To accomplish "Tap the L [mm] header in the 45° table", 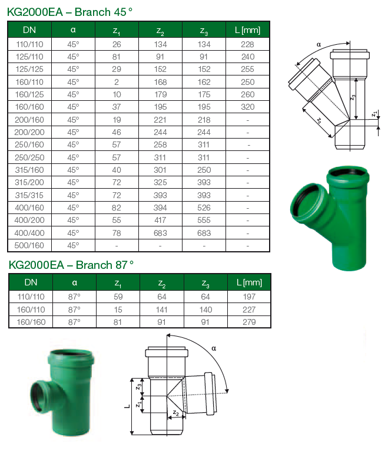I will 248,30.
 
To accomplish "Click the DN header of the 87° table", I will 30,282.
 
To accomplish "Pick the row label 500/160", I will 30,245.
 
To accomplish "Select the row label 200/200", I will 30,132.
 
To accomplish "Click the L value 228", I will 248,44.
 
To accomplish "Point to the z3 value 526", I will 204,207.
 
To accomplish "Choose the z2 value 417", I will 161,219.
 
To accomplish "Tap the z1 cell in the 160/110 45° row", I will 117,82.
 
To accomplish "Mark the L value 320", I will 248,107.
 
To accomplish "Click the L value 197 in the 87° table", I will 249,297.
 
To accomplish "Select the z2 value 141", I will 162,309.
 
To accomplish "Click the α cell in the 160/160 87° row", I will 74,321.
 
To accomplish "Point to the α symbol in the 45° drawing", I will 319,44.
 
